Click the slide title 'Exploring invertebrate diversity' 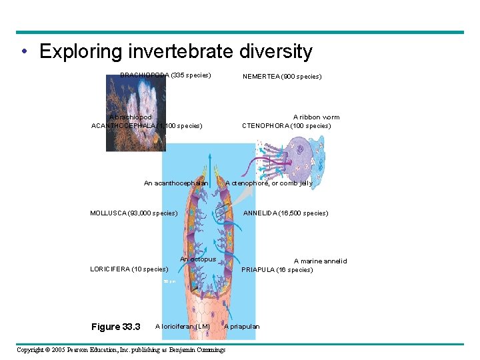click(175, 51)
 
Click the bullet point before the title click(24, 52)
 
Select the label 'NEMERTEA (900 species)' click(282, 77)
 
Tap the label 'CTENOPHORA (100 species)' click(286, 125)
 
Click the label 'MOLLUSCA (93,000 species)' click(133, 213)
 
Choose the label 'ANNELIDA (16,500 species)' click(285, 213)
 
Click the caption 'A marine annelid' click(321, 261)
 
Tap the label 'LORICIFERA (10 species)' click(129, 269)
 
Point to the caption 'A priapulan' click(242, 327)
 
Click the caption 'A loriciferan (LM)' click(182, 327)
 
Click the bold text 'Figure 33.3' click(115, 327)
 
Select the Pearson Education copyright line click(121, 350)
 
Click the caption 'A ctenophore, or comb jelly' click(269, 183)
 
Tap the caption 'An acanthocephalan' click(176, 183)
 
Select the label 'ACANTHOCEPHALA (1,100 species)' click(147, 125)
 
